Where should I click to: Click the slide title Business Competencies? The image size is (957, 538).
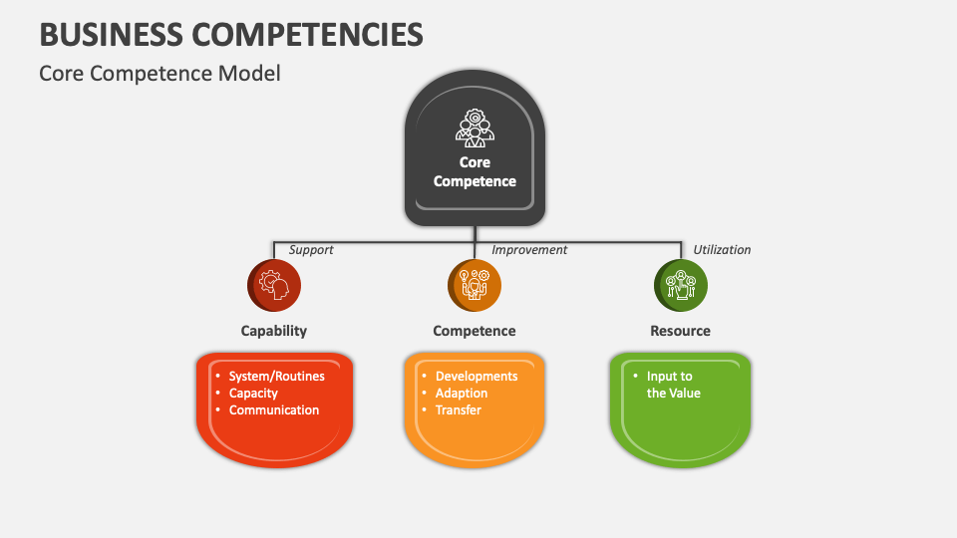tap(231, 34)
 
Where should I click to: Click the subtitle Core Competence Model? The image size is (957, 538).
tap(159, 73)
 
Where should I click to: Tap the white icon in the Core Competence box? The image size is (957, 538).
tap(475, 128)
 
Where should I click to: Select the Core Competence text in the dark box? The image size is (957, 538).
tap(475, 171)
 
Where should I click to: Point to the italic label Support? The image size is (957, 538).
tap(311, 250)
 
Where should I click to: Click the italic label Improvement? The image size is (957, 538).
tap(529, 250)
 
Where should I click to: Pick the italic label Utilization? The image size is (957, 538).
tap(722, 250)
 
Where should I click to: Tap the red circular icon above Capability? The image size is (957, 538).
tap(274, 286)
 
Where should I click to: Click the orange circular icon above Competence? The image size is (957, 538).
tap(475, 286)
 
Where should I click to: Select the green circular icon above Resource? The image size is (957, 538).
tap(681, 286)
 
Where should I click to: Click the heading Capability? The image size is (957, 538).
tap(274, 331)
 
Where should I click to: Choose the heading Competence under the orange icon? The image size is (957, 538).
tap(475, 331)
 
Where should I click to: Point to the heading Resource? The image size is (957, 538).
tap(681, 331)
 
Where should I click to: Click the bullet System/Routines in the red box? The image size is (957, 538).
tap(276, 377)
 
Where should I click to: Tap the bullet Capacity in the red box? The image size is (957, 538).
tap(253, 394)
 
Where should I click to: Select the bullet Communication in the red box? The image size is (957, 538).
tap(274, 410)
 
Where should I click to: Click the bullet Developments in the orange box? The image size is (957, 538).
tap(477, 377)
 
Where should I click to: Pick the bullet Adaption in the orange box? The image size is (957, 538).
tap(462, 394)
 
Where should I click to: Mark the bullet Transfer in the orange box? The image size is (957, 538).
tap(459, 410)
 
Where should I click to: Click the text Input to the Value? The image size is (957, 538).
tap(672, 385)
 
